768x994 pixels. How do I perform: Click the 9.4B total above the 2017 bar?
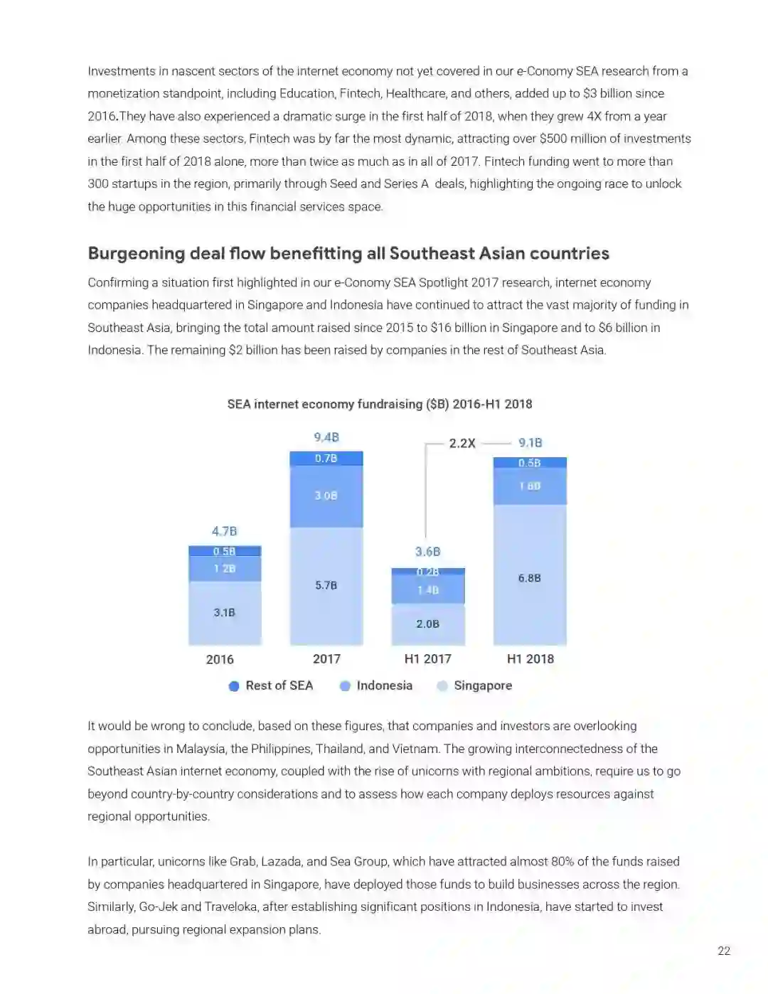click(326, 437)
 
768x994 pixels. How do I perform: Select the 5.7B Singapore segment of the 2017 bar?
click(326, 585)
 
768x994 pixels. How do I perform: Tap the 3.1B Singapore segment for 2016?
click(224, 612)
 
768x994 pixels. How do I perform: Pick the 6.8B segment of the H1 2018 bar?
click(529, 578)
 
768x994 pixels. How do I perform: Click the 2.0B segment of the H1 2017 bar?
click(427, 624)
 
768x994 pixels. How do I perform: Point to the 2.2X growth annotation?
click(462, 443)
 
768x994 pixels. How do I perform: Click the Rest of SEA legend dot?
click(234, 686)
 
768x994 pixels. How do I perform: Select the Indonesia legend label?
click(384, 685)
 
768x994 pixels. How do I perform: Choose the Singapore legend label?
click(483, 685)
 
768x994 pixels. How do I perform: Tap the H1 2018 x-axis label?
click(530, 659)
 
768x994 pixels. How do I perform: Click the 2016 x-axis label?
click(220, 659)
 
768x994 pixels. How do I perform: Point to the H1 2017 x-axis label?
click(427, 659)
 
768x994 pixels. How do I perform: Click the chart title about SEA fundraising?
click(380, 404)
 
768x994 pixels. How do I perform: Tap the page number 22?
click(724, 951)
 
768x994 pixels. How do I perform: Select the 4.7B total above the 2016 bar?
click(224, 531)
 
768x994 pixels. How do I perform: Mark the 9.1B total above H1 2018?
click(530, 443)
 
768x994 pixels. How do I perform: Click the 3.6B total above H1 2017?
click(427, 552)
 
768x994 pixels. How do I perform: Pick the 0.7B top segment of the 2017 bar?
click(326, 459)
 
